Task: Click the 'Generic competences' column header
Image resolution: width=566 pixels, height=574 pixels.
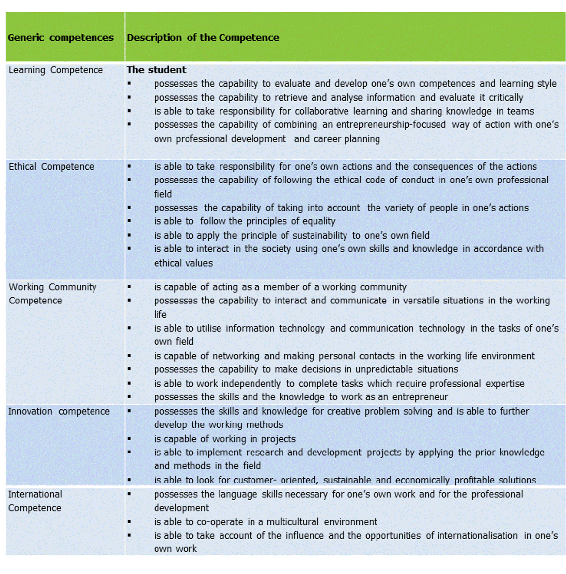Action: [x=61, y=38]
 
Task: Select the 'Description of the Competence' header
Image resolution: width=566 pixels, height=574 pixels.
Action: [x=203, y=38]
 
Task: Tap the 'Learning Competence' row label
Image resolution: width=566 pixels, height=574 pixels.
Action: [x=56, y=70]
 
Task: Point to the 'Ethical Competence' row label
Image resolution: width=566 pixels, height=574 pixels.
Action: [x=51, y=167]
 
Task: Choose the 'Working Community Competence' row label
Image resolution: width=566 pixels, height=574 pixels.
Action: [x=52, y=294]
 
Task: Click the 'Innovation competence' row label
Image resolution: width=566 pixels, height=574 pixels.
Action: [x=59, y=411]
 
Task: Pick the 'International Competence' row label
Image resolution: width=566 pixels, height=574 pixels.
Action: [x=35, y=501]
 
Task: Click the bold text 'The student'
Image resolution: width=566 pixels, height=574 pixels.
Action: [x=157, y=70]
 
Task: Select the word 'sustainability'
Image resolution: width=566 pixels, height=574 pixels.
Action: [x=320, y=236]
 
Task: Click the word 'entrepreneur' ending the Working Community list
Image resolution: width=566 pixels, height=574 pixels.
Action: [x=420, y=397]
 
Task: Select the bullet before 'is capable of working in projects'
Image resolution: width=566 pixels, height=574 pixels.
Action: [x=129, y=438]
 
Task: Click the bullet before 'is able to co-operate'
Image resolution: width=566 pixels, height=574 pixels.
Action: [x=129, y=521]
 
